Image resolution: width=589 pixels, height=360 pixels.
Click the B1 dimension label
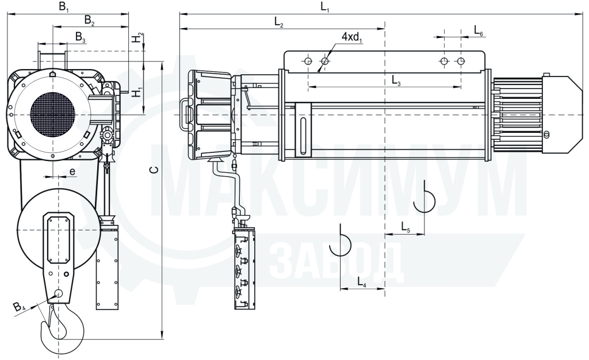pos(63,7)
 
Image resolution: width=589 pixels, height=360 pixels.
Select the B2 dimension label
pos(89,20)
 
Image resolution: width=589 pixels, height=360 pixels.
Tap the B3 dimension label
pos(81,37)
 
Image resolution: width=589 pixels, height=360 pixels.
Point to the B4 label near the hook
pos(19,307)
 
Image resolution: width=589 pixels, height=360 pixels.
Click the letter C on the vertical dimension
pos(154,170)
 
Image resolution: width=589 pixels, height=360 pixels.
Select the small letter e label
pos(72,172)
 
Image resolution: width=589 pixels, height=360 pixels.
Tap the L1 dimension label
pos(325,7)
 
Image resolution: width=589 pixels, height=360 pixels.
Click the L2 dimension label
pos(279,23)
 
